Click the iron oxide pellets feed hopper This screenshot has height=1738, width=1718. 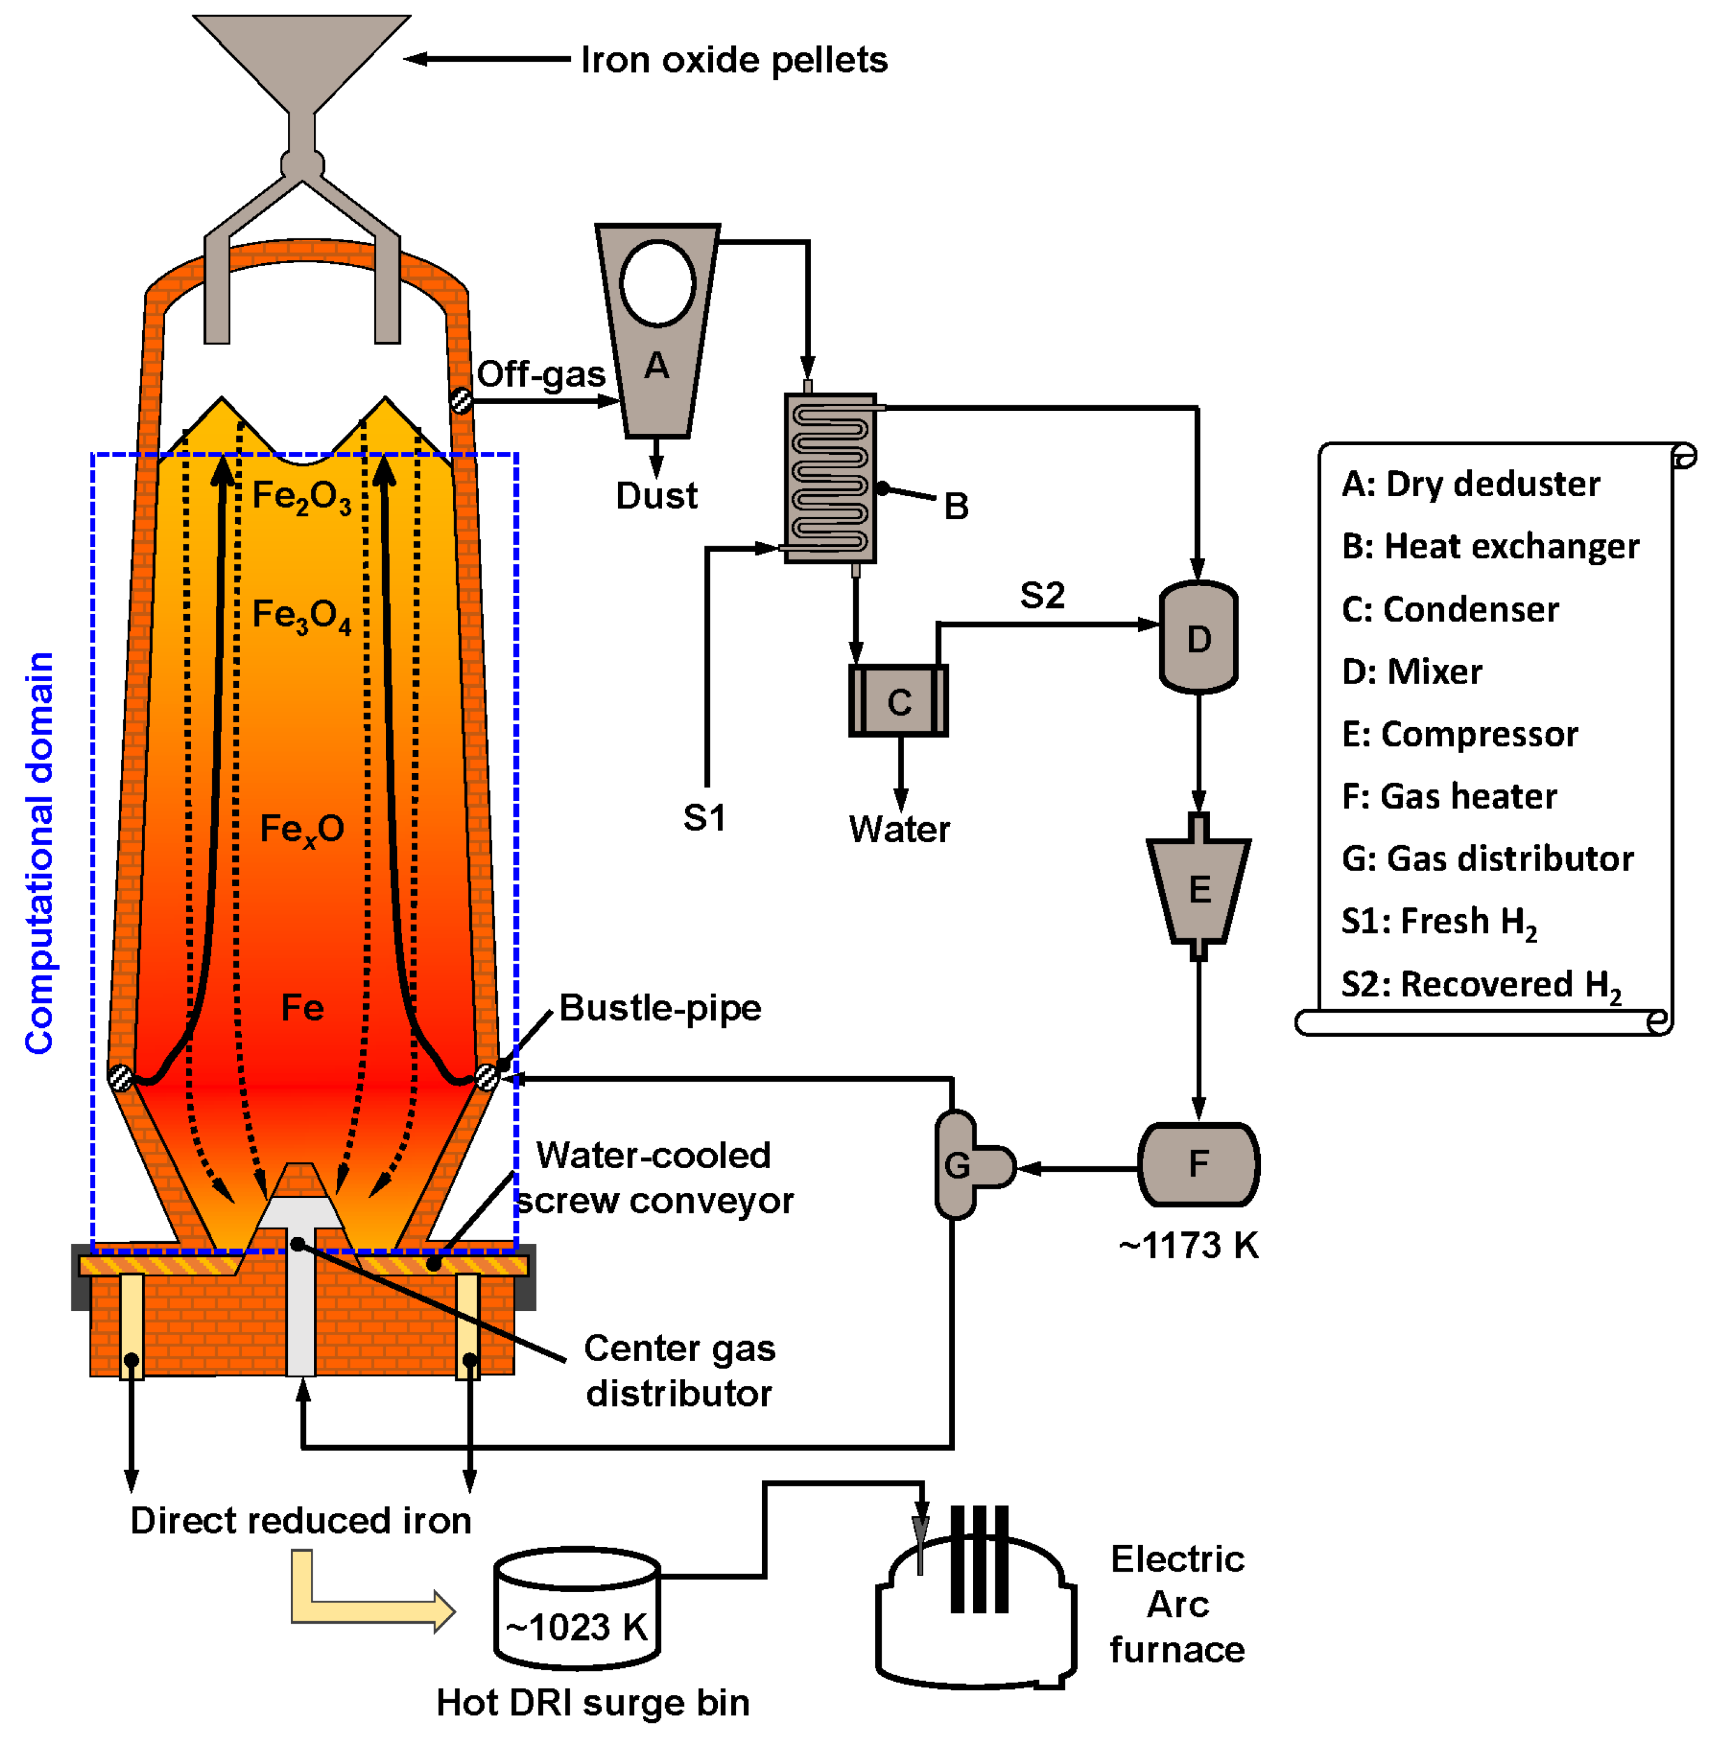pos(301,54)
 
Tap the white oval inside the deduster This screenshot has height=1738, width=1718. pos(657,283)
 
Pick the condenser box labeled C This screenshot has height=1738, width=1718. pos(897,701)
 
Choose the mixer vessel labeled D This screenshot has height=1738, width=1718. pos(1198,638)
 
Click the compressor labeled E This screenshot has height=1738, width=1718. pos(1198,889)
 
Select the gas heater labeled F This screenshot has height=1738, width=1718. pos(1198,1164)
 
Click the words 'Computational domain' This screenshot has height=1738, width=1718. pos(39,853)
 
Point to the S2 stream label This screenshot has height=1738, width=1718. pos(1041,595)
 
